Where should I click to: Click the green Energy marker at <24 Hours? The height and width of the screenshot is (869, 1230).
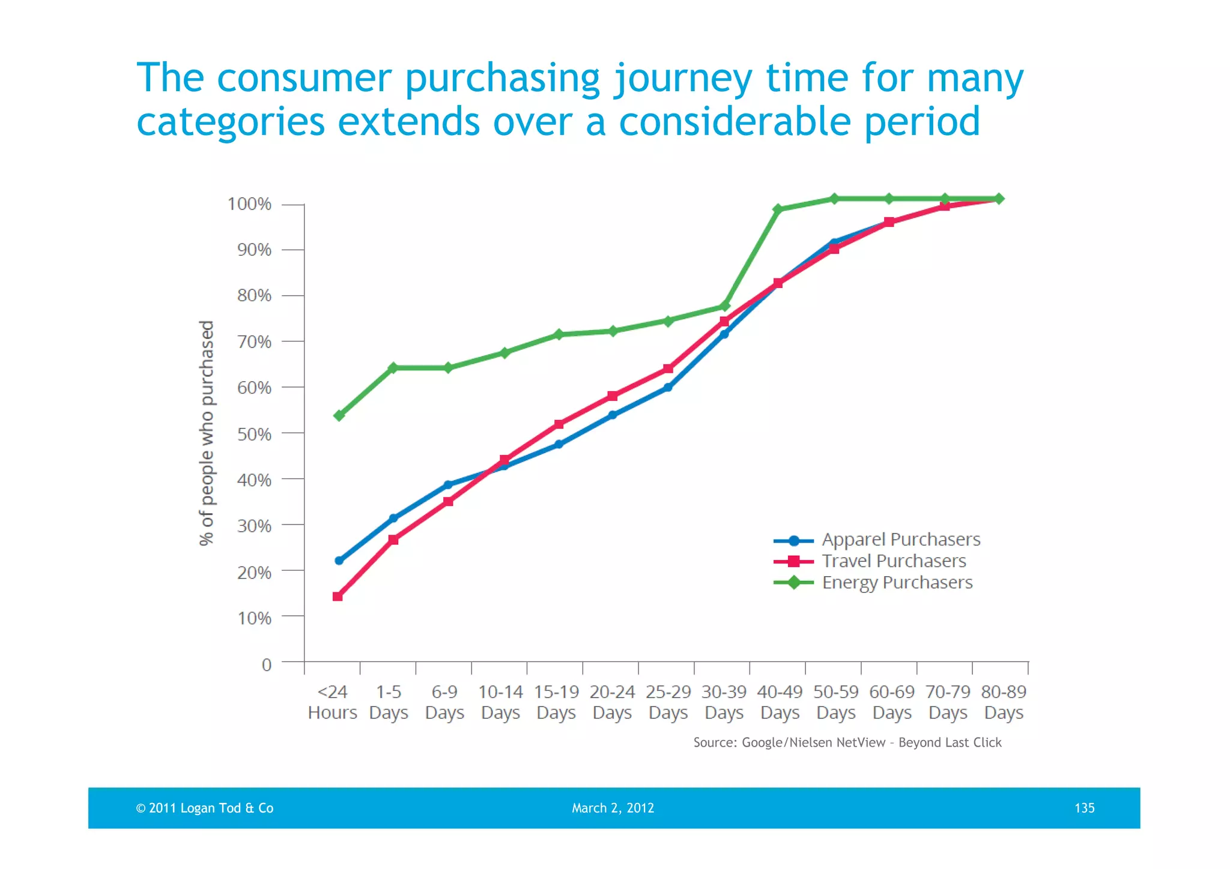pyautogui.click(x=339, y=415)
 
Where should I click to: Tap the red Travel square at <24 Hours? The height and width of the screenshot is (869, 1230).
pyautogui.click(x=338, y=596)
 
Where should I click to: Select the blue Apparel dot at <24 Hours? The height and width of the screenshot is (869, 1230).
pyautogui.click(x=339, y=561)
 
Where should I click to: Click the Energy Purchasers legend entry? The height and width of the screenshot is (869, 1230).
pyautogui.click(x=897, y=582)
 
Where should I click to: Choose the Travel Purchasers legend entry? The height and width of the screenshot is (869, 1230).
pyautogui.click(x=894, y=561)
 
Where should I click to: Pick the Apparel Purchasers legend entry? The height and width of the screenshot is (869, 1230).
pyautogui.click(x=900, y=539)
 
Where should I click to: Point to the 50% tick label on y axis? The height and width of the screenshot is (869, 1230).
pyautogui.click(x=254, y=434)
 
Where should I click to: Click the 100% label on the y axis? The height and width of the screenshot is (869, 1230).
pyautogui.click(x=249, y=204)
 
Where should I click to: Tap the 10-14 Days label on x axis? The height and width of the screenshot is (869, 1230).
pyautogui.click(x=500, y=702)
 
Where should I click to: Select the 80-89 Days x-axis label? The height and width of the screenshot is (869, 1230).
pyautogui.click(x=1004, y=702)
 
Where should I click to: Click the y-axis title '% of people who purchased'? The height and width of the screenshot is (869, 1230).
pyautogui.click(x=207, y=433)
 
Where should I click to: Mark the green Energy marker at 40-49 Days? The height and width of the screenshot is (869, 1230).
pyautogui.click(x=778, y=209)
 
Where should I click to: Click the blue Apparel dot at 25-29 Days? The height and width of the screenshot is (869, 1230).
pyautogui.click(x=668, y=387)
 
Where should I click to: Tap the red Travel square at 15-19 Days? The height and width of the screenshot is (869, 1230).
pyautogui.click(x=559, y=424)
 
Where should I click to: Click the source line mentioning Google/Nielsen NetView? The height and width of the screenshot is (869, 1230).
pyautogui.click(x=847, y=742)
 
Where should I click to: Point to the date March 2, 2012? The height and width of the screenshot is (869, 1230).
pyautogui.click(x=613, y=808)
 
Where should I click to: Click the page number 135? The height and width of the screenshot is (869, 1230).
pyautogui.click(x=1084, y=808)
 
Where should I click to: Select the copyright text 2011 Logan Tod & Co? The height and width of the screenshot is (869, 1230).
pyautogui.click(x=205, y=808)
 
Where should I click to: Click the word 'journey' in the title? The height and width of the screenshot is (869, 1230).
pyautogui.click(x=682, y=79)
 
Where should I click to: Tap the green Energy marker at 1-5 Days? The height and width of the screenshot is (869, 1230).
pyautogui.click(x=393, y=368)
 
